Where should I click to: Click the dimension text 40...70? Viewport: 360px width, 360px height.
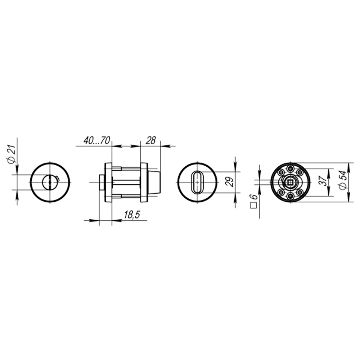pyautogui.click(x=96, y=141)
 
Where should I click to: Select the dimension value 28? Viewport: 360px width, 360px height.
pyautogui.click(x=150, y=141)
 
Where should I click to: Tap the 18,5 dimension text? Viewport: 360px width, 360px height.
pyautogui.click(x=131, y=215)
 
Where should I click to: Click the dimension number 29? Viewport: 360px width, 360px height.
pyautogui.click(x=231, y=182)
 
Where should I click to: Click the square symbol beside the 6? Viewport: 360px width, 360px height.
pyautogui.click(x=253, y=206)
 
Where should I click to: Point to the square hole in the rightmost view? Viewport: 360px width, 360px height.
pyautogui.click(x=290, y=183)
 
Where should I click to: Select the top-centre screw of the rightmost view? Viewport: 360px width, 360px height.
pyautogui.click(x=290, y=168)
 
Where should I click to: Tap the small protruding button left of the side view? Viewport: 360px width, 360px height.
pyautogui.click(x=102, y=183)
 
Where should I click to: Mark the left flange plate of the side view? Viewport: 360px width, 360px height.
pyautogui.click(x=108, y=183)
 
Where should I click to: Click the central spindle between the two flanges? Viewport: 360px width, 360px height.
pyautogui.click(x=126, y=183)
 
